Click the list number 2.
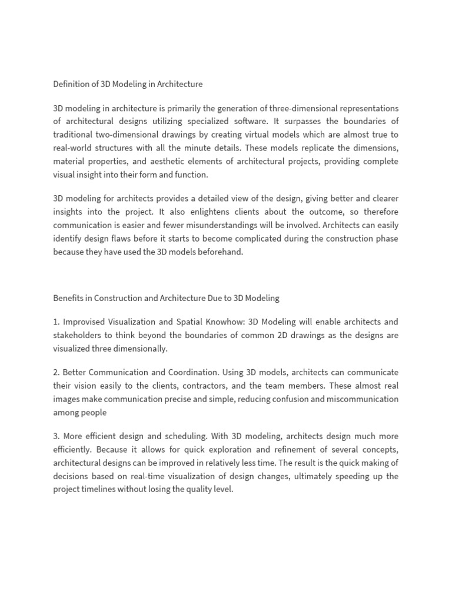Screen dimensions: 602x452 pyautogui.click(x=56, y=372)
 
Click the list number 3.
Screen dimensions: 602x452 pyautogui.click(x=56, y=436)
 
